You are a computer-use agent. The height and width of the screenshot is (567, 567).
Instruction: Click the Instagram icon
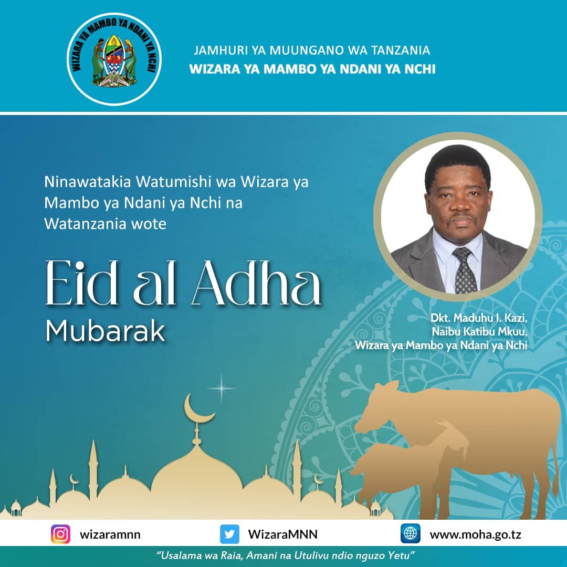tap(60, 534)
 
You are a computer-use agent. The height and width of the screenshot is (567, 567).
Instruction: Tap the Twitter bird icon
tap(229, 534)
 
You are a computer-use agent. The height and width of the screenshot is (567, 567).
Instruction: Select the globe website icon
tap(411, 533)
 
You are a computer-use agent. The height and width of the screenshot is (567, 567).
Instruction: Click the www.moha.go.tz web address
tap(476, 534)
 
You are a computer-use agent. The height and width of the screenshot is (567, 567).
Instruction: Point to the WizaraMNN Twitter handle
tap(283, 534)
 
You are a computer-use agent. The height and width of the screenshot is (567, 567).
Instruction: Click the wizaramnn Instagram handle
tap(110, 534)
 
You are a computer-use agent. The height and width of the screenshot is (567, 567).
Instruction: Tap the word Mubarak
tap(105, 331)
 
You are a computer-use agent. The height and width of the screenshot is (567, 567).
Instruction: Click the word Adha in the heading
tap(257, 283)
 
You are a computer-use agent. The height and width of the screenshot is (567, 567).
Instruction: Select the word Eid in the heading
tap(82, 283)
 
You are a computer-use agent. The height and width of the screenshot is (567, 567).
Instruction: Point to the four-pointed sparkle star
tap(222, 388)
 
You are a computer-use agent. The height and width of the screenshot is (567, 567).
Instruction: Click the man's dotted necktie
tap(465, 270)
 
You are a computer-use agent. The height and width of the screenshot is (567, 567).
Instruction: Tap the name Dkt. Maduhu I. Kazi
tap(479, 318)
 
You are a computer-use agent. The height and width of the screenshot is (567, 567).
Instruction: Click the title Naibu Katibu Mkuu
tap(479, 331)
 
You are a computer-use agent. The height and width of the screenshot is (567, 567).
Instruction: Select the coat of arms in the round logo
tap(114, 60)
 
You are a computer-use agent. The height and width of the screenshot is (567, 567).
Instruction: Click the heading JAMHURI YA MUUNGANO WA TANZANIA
tap(312, 50)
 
